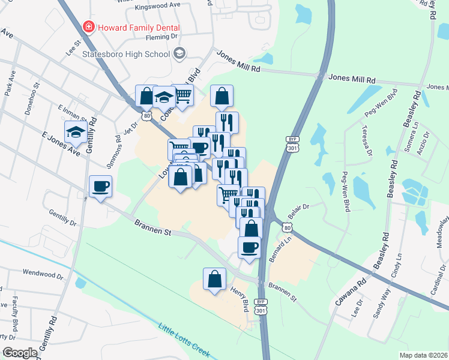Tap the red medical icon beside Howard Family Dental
coord(88,28)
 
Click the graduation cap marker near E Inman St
coord(75,131)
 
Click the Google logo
coord(20,353)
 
